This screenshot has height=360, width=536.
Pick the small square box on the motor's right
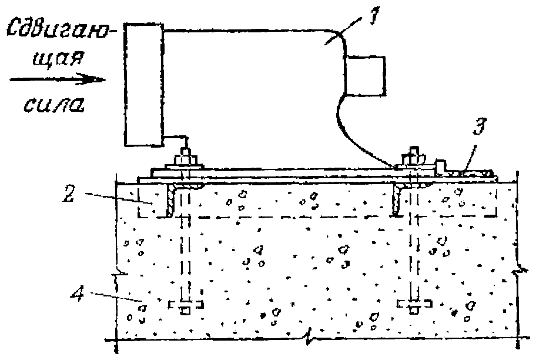[365, 75]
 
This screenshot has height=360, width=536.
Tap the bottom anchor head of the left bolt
[185, 306]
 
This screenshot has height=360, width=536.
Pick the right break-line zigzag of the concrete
[517, 272]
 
